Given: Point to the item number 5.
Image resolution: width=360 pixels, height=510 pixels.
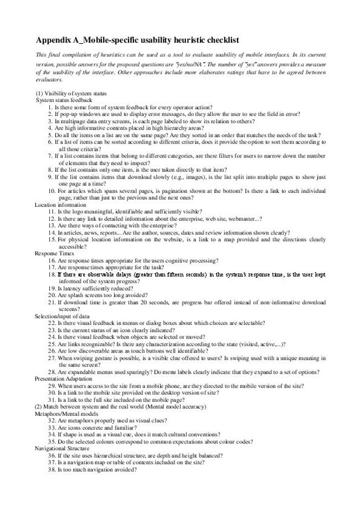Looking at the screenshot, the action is [50, 135].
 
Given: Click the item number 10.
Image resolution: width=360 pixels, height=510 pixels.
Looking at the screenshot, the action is [52, 191].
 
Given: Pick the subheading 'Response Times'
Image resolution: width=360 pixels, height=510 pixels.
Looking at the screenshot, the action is [55, 253].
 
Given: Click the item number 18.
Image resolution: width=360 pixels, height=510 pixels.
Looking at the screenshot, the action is [52, 274].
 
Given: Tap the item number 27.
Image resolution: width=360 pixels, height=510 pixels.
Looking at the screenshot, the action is [52, 358].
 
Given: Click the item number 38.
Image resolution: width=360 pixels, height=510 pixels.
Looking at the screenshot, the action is [52, 470].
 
